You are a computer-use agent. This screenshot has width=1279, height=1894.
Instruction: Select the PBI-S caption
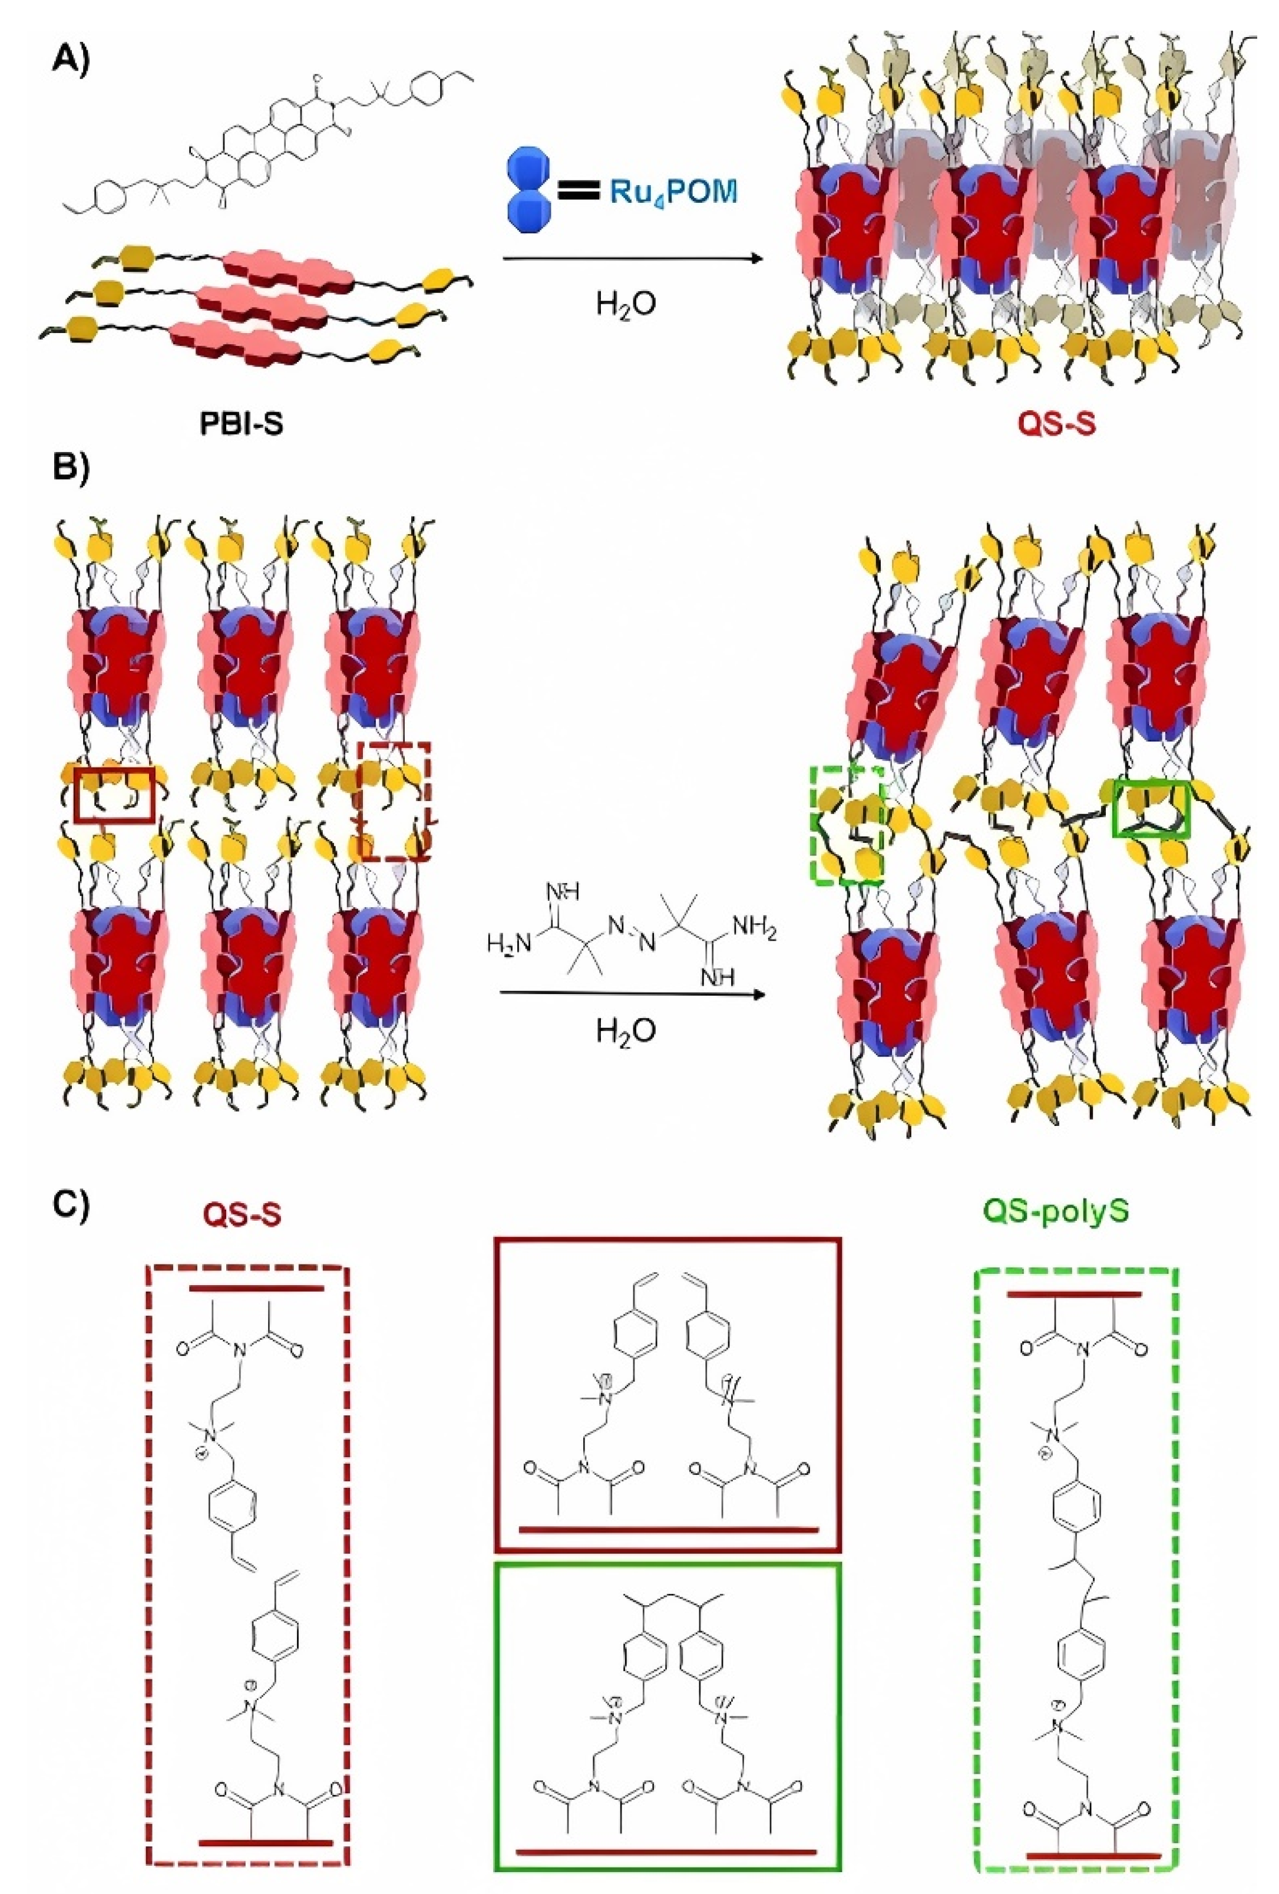pyautogui.click(x=242, y=424)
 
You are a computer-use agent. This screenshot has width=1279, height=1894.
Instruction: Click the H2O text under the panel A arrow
pyautogui.click(x=626, y=304)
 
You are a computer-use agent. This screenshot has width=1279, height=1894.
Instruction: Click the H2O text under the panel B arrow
pyautogui.click(x=626, y=1032)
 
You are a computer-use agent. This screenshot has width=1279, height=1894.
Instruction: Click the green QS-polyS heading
pyautogui.click(x=1056, y=1211)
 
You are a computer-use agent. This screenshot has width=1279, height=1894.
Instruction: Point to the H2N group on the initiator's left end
pyautogui.click(x=508, y=944)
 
